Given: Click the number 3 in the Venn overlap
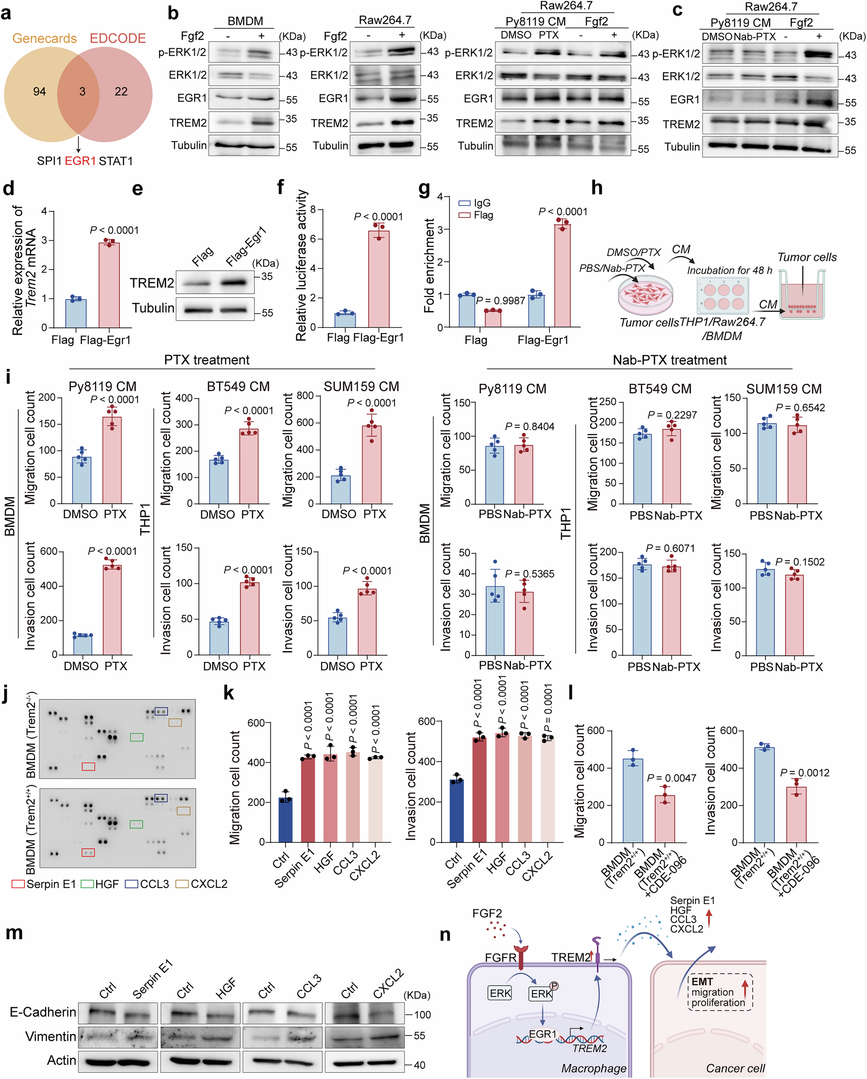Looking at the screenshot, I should [x=82, y=91].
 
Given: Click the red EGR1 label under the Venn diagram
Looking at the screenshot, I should [x=80, y=161].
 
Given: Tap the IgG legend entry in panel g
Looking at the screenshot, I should [x=475, y=203].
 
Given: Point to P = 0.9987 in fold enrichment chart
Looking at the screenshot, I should [x=500, y=300].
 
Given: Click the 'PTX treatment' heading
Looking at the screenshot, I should [x=207, y=360].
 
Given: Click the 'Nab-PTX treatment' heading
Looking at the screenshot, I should [x=669, y=360].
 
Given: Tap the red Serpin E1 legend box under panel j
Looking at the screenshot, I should [x=18, y=884].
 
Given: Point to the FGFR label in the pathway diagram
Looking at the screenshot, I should [x=500, y=958].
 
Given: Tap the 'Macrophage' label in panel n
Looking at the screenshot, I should [x=593, y=1068].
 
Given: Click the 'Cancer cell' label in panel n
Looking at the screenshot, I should [x=735, y=1068].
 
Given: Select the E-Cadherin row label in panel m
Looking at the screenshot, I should [x=43, y=1012].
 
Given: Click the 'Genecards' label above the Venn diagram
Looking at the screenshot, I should [x=44, y=39].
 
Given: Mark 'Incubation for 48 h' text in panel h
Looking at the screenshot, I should [x=730, y=271].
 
